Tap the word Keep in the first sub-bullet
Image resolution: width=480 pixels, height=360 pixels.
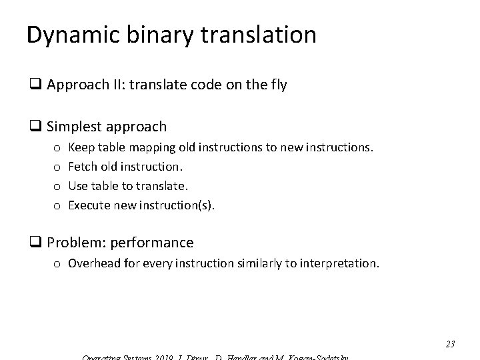pyautogui.click(x=81, y=145)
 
